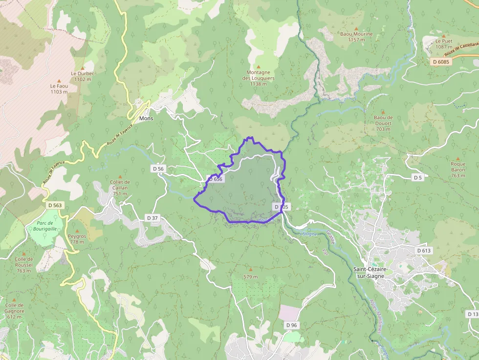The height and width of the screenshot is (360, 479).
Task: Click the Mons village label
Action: coord(146,119)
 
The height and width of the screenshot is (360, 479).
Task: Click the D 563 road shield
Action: coord(55,205)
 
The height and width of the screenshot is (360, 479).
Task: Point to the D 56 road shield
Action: coord(158,169)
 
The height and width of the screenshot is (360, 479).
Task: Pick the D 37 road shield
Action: coord(152,217)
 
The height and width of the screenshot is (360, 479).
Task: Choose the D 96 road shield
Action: coord(291,325)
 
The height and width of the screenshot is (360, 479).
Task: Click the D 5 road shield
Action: coord(417,177)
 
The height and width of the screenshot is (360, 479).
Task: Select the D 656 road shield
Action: coord(215,179)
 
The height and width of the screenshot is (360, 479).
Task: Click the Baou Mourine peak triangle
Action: coord(356,28)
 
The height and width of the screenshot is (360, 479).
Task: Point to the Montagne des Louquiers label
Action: coord(259,78)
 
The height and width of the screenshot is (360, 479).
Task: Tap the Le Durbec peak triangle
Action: coord(83,68)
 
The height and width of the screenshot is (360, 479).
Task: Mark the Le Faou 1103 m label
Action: coord(59,88)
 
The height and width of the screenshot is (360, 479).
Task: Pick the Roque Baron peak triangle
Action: coord(458,159)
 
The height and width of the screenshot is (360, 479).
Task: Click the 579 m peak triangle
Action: coord(251,269)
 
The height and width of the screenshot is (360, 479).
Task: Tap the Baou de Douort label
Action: coord(383,123)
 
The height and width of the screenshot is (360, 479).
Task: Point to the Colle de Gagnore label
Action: coord(14,311)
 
